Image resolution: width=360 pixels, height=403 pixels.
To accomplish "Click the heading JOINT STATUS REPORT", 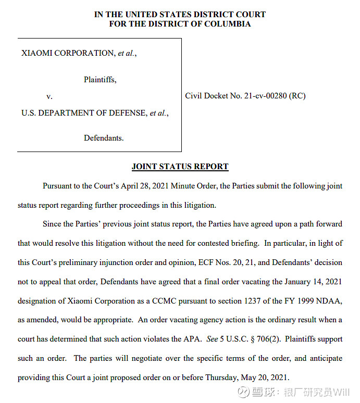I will pos(180,167).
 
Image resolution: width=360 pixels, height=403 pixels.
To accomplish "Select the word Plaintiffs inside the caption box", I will pos(100,80).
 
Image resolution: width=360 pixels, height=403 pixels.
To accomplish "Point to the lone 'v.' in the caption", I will pos(49,96).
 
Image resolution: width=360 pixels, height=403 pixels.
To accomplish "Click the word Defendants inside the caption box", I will pos(103,138).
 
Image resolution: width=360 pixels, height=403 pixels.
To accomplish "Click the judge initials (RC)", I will pos(297,96).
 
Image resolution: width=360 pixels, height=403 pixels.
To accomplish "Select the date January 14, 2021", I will pos(313,282).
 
